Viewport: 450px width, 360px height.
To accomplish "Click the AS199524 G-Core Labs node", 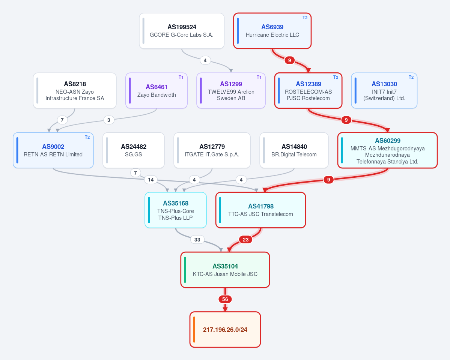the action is [x=182, y=31].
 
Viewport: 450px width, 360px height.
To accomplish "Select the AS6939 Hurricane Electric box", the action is [x=272, y=31].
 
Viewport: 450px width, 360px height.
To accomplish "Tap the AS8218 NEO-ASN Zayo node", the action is [x=75, y=91].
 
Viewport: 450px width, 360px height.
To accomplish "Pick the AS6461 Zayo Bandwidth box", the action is [x=157, y=91].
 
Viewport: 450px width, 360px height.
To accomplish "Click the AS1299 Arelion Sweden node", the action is [x=231, y=91].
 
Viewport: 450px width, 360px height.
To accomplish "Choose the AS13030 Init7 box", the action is [x=384, y=91].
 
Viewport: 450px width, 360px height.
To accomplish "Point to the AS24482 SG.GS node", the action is [x=134, y=150].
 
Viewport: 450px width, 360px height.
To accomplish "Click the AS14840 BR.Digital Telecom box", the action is [x=294, y=150].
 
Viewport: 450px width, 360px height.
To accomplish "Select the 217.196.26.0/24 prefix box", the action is [x=225, y=330].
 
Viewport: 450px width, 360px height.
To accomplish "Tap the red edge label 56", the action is [x=225, y=299].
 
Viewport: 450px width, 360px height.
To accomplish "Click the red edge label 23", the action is [x=246, y=240].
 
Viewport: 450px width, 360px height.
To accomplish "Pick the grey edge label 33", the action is [x=197, y=240].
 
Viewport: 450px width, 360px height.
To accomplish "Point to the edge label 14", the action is [x=151, y=180].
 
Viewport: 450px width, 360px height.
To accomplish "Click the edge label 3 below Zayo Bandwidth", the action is [x=109, y=120].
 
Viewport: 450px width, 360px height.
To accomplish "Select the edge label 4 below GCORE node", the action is [x=205, y=60].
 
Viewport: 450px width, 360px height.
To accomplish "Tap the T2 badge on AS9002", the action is [x=87, y=137].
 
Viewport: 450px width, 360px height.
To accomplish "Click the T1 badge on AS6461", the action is [x=181, y=77].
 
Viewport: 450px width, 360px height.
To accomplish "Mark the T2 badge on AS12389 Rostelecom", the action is [x=336, y=77].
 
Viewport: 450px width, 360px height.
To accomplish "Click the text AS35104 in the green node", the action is [x=225, y=266].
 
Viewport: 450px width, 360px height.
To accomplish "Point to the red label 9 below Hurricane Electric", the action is [x=290, y=60].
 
